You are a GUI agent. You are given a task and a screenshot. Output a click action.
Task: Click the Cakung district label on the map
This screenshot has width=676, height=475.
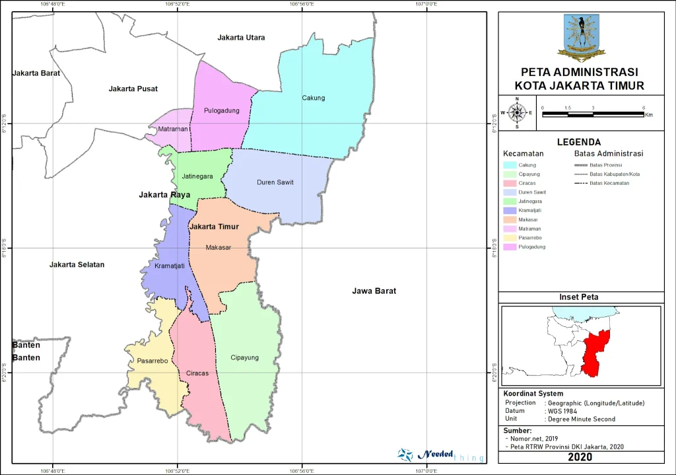pos(314,98)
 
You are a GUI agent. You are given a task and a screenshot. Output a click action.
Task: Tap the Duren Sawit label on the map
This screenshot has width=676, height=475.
pos(275,182)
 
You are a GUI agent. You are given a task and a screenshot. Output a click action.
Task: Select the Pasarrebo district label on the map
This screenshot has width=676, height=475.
pos(153,361)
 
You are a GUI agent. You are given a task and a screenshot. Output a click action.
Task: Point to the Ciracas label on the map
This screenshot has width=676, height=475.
pos(197,373)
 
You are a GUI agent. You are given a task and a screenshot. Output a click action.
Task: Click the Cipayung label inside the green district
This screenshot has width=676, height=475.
pos(244,357)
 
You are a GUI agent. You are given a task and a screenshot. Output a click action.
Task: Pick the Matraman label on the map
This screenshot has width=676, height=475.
pos(172,129)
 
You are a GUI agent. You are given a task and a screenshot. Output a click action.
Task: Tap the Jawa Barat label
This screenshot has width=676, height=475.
pos(374,291)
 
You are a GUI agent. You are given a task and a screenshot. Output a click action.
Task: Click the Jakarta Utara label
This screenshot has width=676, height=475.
pos(241,38)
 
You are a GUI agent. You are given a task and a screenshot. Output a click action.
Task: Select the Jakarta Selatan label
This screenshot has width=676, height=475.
pos(77,264)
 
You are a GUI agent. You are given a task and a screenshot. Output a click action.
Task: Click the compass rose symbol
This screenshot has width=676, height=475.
pos(517,113)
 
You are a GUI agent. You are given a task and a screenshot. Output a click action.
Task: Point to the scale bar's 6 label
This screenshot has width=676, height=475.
pos(643,107)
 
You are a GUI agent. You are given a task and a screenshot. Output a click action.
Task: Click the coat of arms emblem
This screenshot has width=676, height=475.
pos(580,37)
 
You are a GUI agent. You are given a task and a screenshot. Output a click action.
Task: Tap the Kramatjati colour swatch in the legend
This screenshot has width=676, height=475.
pos(510,210)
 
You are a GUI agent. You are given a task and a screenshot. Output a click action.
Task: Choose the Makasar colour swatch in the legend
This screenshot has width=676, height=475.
pos(510,219)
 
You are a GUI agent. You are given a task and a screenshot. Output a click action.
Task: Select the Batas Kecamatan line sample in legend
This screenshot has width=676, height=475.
pos(580,183)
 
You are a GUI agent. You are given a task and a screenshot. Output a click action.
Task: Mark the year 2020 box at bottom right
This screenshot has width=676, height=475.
pos(580,457)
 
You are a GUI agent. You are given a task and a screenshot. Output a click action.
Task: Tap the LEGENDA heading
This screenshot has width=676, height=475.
pos(578,141)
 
